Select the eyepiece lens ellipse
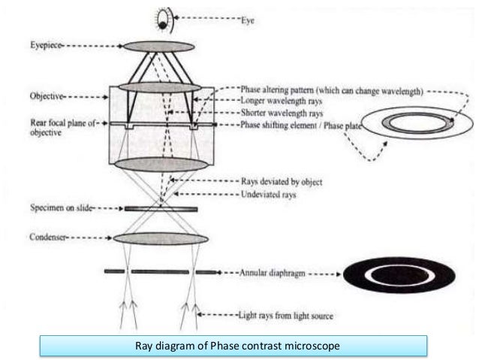158,47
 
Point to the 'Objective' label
45,97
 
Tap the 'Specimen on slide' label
56,210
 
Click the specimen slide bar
161,209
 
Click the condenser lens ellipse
161,239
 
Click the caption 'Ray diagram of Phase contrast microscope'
233,346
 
